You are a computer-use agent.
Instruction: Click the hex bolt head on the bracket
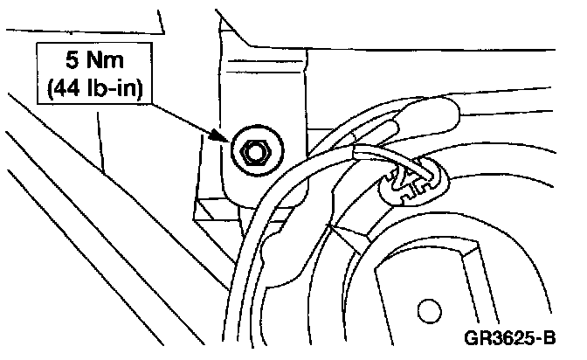254,152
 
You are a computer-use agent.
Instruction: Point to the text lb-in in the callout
113,89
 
